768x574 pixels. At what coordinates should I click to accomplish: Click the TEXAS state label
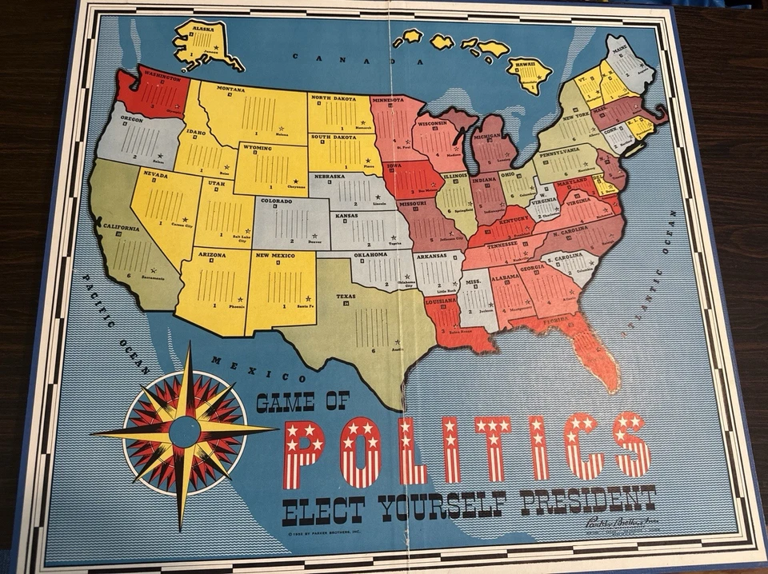tap(346, 296)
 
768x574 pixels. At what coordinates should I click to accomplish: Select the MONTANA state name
tap(231, 89)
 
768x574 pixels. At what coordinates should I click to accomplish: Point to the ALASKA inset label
tap(203, 27)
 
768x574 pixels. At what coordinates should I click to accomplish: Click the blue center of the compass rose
tap(185, 432)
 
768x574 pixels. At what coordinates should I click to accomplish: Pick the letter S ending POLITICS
tap(632, 444)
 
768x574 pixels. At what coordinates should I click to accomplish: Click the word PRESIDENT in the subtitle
tap(587, 500)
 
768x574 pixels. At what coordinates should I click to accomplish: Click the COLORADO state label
tap(276, 201)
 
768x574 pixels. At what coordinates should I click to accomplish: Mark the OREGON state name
tap(131, 118)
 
